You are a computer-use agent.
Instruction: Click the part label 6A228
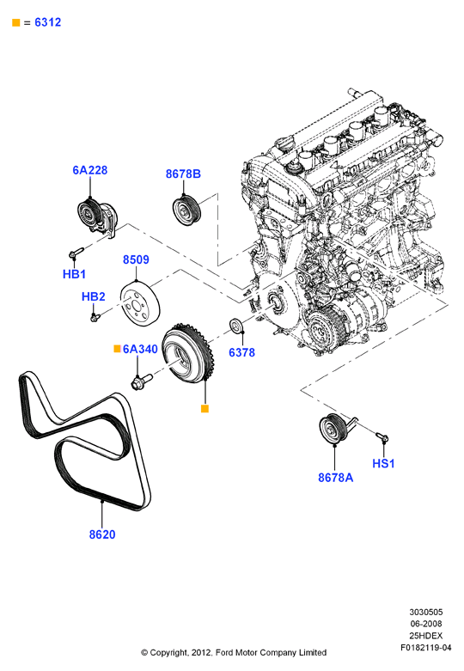[x=90, y=170]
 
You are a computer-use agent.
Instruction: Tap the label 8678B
[x=183, y=174]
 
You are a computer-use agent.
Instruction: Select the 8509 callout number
[x=136, y=259]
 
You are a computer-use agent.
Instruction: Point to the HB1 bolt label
[x=75, y=274]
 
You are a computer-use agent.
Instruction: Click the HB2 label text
[x=94, y=296]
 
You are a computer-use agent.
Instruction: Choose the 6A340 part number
[x=140, y=349]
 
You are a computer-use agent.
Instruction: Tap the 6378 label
[x=241, y=352]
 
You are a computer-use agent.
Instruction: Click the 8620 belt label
[x=102, y=534]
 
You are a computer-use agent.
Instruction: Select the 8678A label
[x=336, y=478]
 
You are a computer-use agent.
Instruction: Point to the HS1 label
[x=383, y=463]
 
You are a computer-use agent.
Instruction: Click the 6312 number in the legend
[x=48, y=22]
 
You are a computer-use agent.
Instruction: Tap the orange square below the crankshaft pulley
[x=205, y=409]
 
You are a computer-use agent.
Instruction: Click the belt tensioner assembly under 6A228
[x=98, y=217]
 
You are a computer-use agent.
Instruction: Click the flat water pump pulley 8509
[x=140, y=303]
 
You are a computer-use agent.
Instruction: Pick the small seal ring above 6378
[x=236, y=326]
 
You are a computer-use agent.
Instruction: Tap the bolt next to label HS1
[x=382, y=437]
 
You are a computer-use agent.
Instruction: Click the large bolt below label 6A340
[x=142, y=381]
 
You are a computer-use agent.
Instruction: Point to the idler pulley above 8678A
[x=336, y=429]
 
